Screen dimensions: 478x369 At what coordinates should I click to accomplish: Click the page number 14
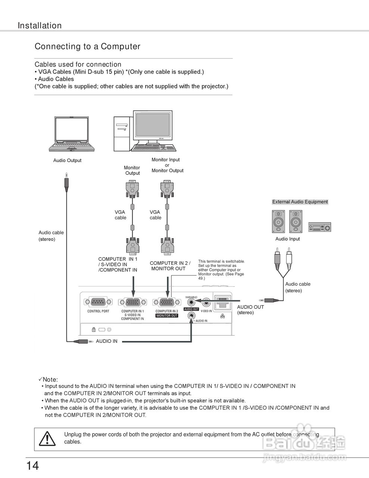[32, 466]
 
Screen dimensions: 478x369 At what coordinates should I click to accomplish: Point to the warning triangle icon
[47, 438]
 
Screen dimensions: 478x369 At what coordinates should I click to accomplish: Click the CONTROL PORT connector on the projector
[98, 302]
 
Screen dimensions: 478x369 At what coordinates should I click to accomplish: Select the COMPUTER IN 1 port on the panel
[132, 302]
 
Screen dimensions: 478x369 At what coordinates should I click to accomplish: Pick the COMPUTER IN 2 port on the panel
[167, 302]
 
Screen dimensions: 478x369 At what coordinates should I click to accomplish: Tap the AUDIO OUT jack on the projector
[192, 301]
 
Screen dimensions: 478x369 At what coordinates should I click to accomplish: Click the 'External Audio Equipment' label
[300, 202]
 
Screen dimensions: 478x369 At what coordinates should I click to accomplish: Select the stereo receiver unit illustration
[319, 227]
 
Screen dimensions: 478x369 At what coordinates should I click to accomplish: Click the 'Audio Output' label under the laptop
[67, 161]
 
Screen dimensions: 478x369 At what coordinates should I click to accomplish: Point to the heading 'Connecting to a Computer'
[87, 47]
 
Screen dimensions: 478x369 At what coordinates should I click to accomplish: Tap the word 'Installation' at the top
[40, 26]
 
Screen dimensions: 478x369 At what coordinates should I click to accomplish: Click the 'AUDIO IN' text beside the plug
[107, 341]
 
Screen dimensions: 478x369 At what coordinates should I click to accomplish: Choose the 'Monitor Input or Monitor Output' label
[167, 165]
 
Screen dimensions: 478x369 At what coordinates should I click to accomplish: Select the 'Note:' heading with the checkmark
[48, 379]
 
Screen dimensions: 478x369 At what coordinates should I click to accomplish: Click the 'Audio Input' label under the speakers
[287, 239]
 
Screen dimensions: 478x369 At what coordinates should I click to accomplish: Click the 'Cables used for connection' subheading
[78, 64]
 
